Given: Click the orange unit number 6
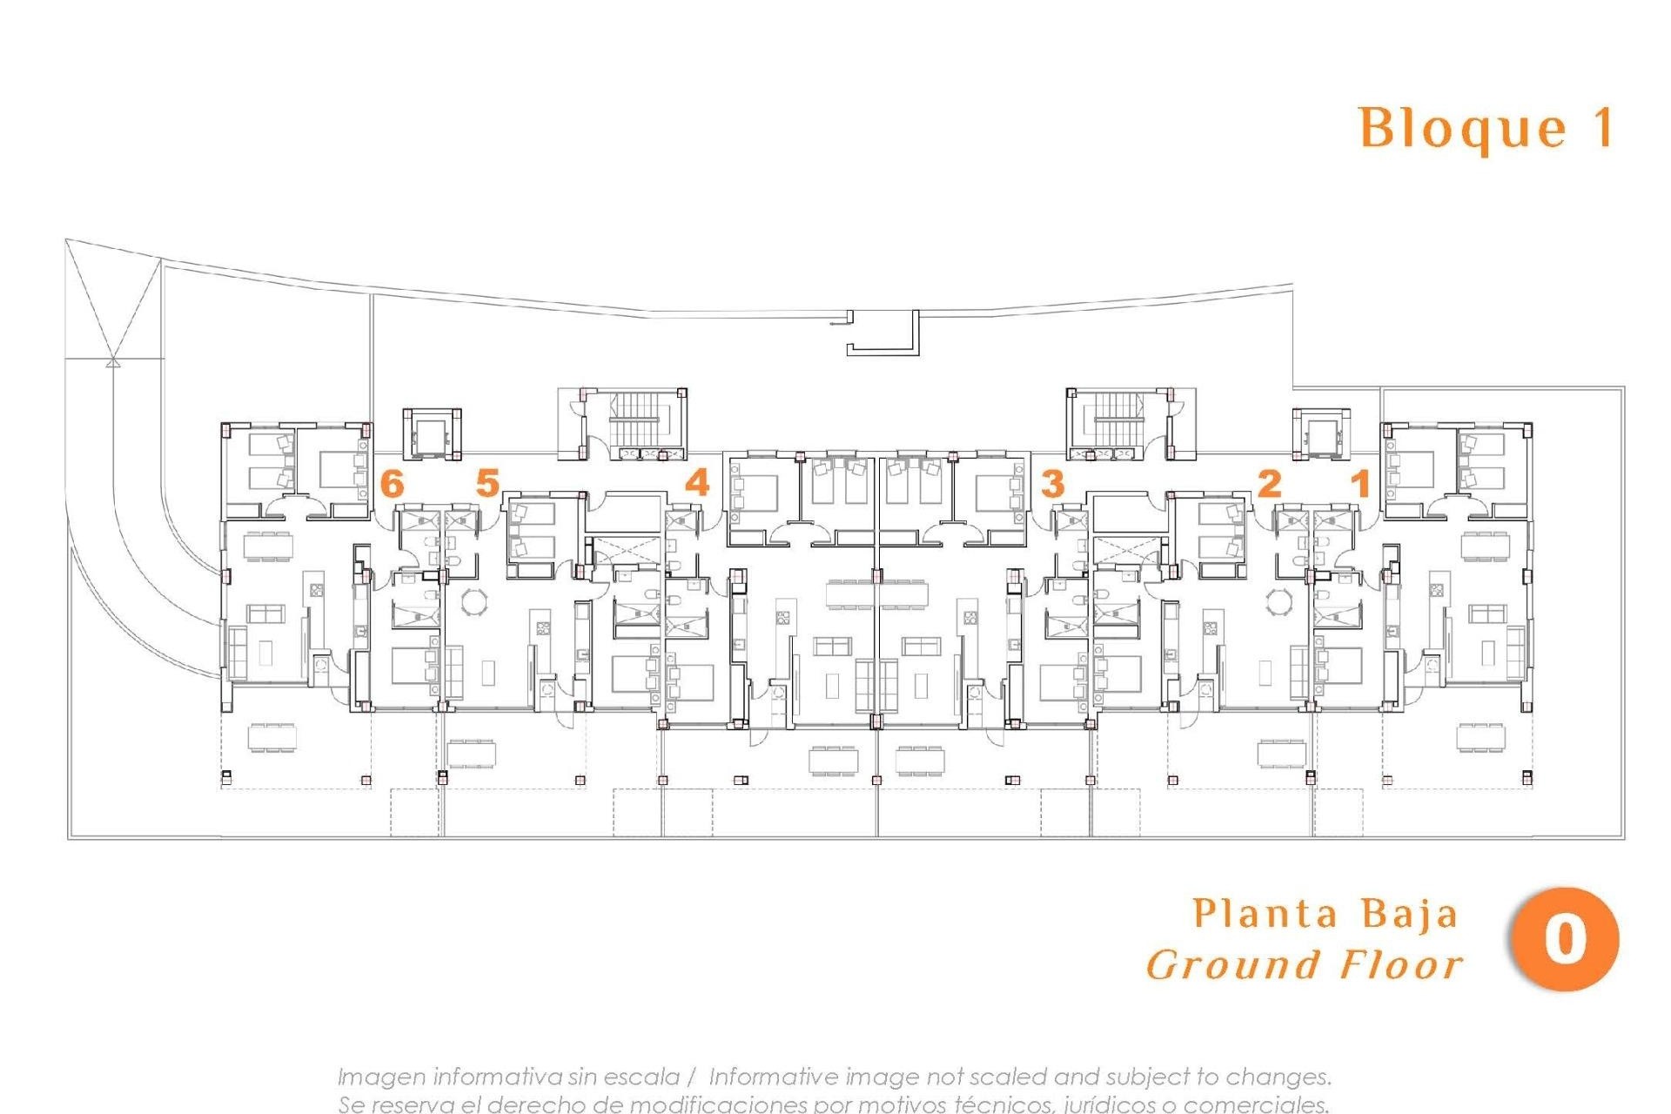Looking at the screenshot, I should click(x=393, y=483).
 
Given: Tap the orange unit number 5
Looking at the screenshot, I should click(x=487, y=483).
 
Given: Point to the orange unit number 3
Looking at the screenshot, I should click(x=1053, y=483).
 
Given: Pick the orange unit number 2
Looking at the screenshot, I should click(x=1270, y=483).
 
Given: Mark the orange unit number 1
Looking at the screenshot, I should click(x=1360, y=483).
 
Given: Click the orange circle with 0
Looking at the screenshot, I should click(x=1565, y=940).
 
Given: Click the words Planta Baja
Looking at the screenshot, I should click(x=1325, y=914).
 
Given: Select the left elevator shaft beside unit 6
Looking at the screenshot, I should click(x=431, y=432).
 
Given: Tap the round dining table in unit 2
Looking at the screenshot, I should click(x=1278, y=601).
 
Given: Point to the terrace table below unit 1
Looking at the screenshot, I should click(x=1481, y=735).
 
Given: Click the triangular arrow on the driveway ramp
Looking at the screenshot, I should click(x=112, y=361).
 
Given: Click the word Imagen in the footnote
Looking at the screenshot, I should click(x=381, y=1077).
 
